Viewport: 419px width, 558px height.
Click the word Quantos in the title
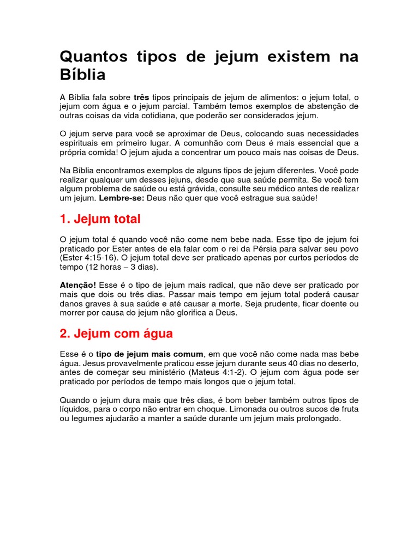pos(92,57)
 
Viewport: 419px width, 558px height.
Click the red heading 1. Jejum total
pos(100,219)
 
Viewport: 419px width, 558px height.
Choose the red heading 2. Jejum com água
pos(116,333)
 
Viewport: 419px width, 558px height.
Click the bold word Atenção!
pos(77,285)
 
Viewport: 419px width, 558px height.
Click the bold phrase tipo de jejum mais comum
pos(150,354)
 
